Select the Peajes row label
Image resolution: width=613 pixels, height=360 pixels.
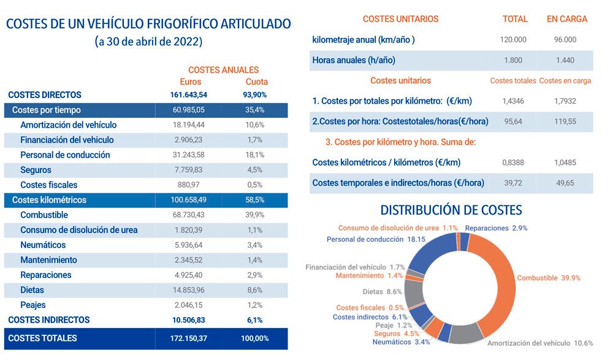[x=33, y=305]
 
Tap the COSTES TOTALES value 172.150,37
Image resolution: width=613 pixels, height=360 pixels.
[x=189, y=339]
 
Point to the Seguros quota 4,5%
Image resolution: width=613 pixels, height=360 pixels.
[x=253, y=170]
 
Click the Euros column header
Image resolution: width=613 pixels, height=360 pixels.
[x=191, y=82]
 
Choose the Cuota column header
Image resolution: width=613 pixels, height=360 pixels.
[x=257, y=82]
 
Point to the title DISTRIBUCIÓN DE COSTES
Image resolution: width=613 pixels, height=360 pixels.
[x=451, y=210]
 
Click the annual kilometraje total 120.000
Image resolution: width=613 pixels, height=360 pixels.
[x=513, y=40]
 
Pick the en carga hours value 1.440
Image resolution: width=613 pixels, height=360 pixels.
[x=565, y=60]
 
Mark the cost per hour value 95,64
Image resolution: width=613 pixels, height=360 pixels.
[x=513, y=121]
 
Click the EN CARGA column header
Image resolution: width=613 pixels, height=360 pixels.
[x=567, y=19]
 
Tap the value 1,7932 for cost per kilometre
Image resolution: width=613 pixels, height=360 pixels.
[x=565, y=101]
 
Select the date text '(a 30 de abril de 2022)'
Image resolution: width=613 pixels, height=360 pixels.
[x=148, y=42]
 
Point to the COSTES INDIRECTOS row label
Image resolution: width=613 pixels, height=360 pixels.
[x=49, y=320]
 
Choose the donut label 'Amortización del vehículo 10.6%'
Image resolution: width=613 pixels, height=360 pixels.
[x=540, y=343]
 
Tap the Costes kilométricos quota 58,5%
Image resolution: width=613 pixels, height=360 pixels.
[x=253, y=200]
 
